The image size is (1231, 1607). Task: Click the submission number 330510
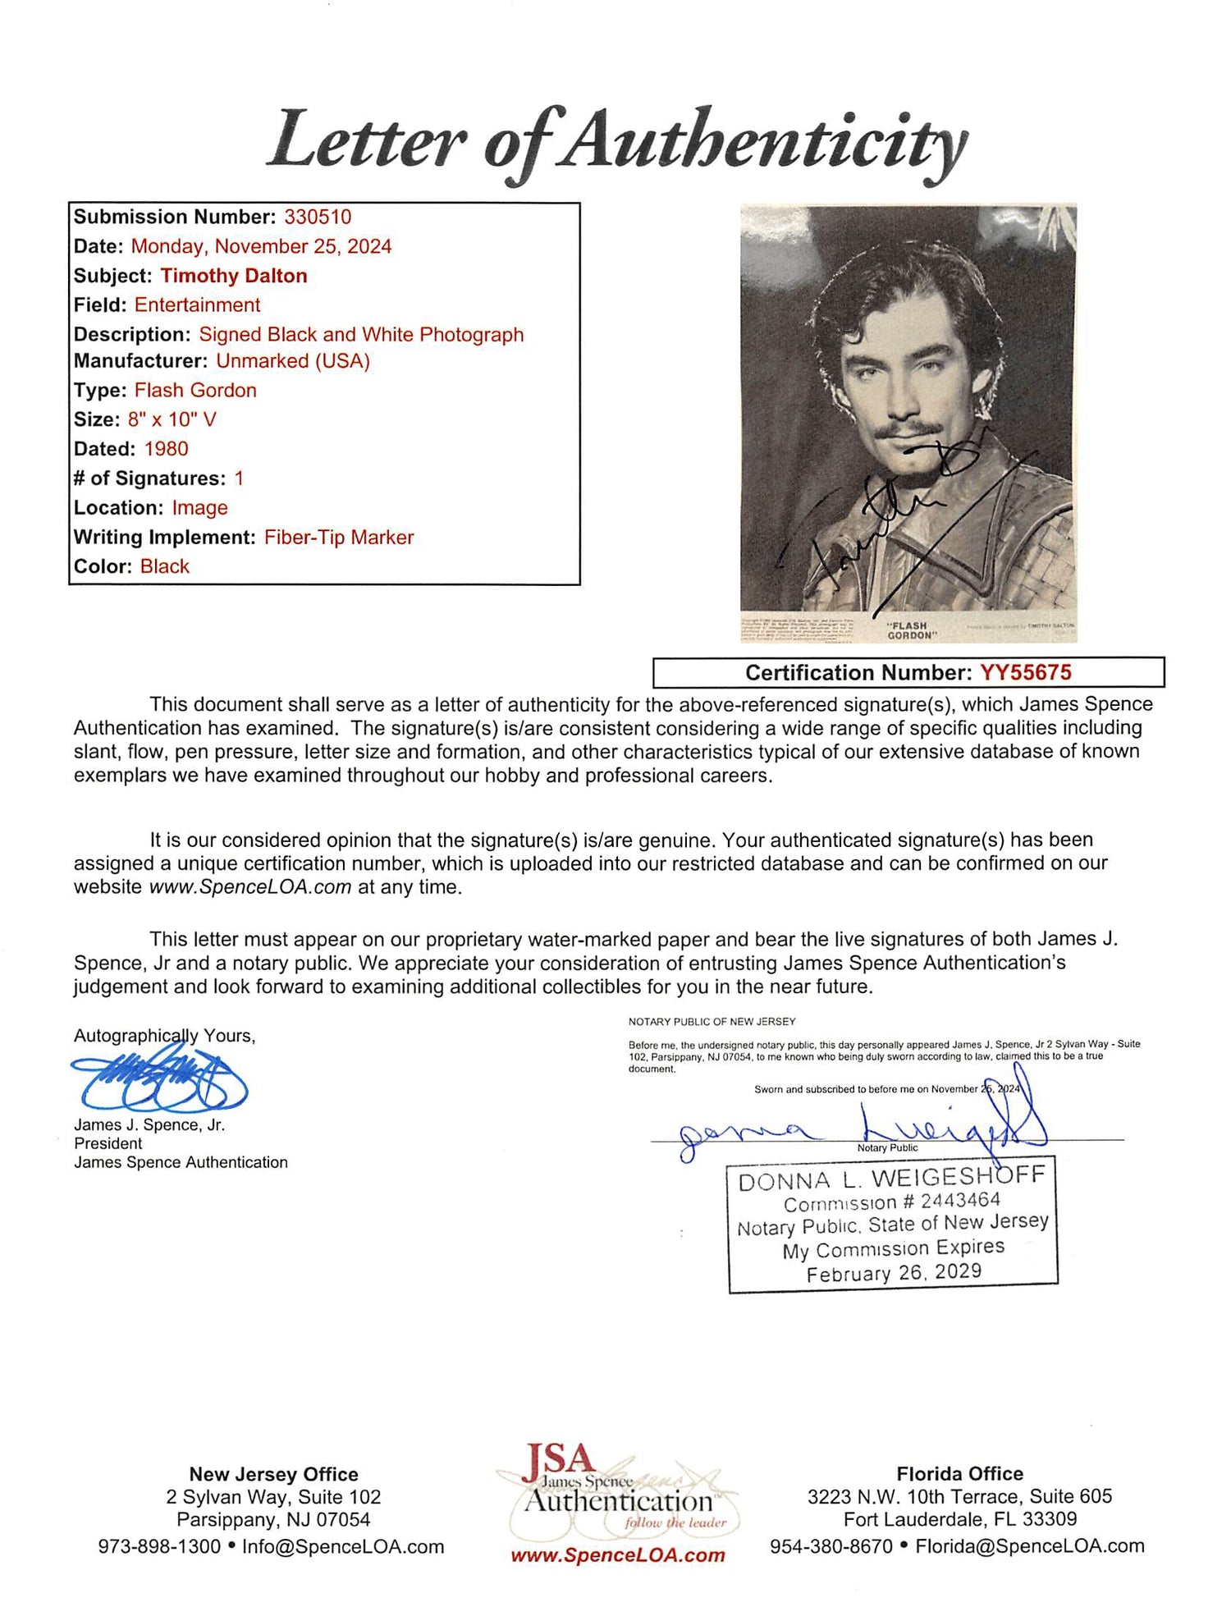(x=318, y=217)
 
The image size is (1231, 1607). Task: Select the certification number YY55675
(x=1025, y=672)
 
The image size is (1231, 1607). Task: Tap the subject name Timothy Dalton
(x=234, y=276)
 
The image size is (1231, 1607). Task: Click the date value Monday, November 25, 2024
(x=261, y=246)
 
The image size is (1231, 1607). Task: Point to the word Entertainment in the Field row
(x=197, y=305)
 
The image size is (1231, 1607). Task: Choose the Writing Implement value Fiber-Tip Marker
(x=339, y=538)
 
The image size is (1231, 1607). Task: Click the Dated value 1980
(x=166, y=449)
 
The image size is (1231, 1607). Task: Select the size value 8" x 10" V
(x=172, y=419)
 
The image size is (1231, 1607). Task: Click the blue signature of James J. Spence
(x=160, y=1081)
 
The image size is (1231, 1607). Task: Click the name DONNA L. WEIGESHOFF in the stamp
(x=892, y=1179)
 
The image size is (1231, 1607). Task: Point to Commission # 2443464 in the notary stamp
(x=892, y=1202)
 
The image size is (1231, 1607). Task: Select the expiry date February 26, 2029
(x=894, y=1273)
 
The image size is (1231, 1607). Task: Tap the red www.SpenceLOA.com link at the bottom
(x=618, y=1555)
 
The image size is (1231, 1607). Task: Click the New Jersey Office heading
(x=273, y=1474)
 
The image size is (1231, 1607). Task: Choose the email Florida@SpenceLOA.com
(x=1030, y=1546)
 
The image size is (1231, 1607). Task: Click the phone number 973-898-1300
(x=159, y=1546)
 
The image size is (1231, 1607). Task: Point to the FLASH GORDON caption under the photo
(x=910, y=630)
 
